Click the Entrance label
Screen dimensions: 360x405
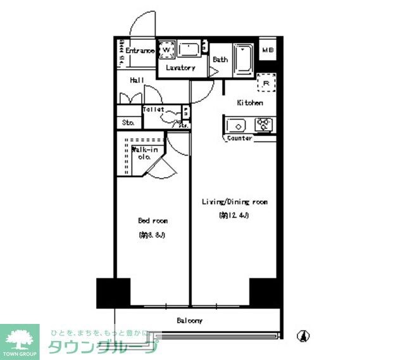139,51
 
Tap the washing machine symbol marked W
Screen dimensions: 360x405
166,49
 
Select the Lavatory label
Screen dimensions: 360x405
180,68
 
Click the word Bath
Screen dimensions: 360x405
220,60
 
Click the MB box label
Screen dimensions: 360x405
268,51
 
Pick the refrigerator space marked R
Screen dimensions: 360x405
266,83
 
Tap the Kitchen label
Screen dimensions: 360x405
250,102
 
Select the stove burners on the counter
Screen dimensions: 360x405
263,124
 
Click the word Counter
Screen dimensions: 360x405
239,138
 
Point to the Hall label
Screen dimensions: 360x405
137,80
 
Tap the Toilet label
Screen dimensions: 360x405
154,109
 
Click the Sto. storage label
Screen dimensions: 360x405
128,123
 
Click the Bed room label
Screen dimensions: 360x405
153,221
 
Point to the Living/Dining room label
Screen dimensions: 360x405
234,202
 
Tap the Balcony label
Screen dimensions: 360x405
189,321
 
